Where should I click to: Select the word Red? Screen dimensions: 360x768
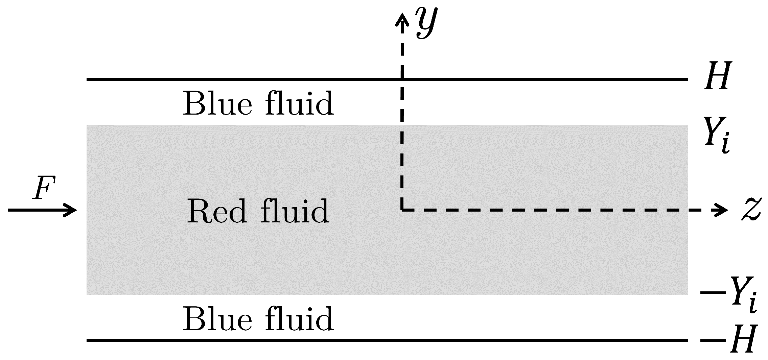216,211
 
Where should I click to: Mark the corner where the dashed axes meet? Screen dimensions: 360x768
402,210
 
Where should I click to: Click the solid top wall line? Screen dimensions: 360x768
237,79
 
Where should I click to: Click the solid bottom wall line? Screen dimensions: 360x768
237,340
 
